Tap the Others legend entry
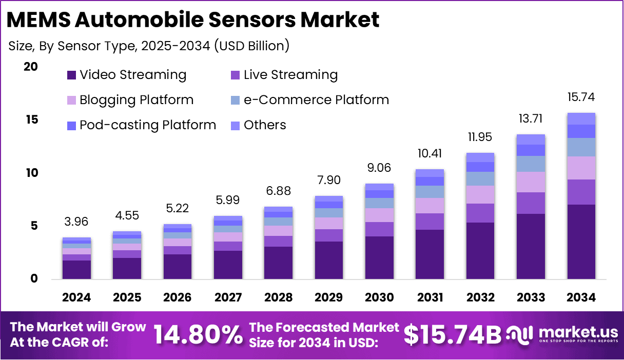tap(265, 125)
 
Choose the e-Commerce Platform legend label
tap(316, 100)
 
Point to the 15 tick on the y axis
tap(31, 119)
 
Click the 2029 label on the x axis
tap(329, 298)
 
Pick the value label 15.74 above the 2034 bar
tap(581, 97)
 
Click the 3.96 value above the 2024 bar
tap(77, 222)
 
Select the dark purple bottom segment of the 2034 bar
tap(581, 242)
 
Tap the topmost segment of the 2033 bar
tap(531, 139)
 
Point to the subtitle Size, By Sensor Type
tap(149, 46)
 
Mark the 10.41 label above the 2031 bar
tap(430, 153)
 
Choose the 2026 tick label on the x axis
tap(178, 298)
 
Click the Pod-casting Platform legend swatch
tap(72, 125)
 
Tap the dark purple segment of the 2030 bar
tap(379, 257)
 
